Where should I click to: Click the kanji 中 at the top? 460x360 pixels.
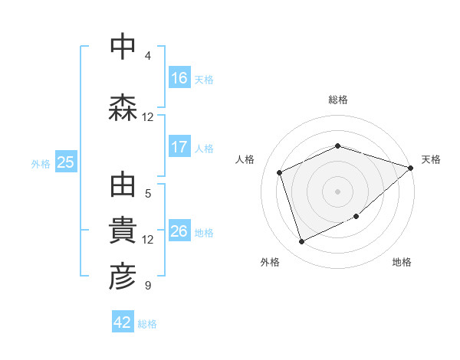point(123,47)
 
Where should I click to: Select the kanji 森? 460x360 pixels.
point(123,108)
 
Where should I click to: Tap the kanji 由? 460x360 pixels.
point(123,185)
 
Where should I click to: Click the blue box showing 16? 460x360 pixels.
point(179,78)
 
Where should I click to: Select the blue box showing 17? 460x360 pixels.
point(179,147)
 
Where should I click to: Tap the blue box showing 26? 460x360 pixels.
point(179,231)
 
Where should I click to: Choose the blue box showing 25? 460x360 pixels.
point(65,162)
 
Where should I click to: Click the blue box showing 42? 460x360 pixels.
point(123,322)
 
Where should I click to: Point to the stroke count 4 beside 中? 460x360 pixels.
point(148,56)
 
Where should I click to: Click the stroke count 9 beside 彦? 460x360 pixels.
point(148,286)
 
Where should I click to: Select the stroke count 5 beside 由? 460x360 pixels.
point(148,194)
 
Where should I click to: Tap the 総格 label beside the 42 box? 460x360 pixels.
point(147,323)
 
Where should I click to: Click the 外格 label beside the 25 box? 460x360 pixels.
point(41,163)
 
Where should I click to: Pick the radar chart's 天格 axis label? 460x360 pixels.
point(431,159)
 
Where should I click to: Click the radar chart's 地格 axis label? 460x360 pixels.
point(402,262)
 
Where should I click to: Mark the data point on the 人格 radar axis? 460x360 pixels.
point(280,172)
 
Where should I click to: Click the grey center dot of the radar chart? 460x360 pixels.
point(337,191)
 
